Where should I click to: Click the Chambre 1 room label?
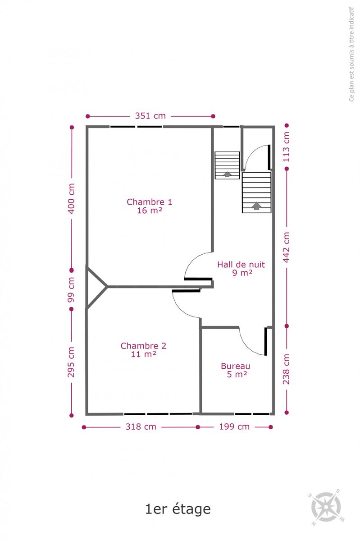150,206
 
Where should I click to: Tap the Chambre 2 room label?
143,350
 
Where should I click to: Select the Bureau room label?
236,370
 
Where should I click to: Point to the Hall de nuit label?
241,268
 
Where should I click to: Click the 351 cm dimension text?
150,116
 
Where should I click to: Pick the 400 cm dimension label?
71,198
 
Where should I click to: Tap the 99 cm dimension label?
71,289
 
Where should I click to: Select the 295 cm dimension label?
71,362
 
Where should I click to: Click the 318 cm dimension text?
141,427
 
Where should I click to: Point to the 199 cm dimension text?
234,427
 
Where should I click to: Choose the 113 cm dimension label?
286,147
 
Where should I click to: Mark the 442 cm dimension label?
286,248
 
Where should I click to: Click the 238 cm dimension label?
286,369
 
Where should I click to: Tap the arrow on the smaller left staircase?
227,174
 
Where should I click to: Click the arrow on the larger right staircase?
256,206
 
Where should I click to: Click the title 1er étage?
178,509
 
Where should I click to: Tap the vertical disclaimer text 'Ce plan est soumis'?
351,54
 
